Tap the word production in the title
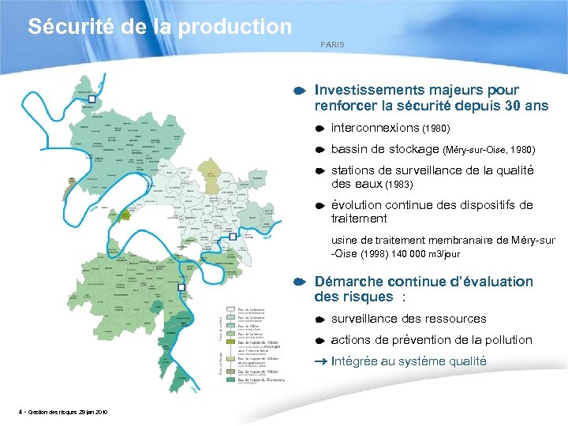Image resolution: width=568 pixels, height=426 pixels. click(234, 27)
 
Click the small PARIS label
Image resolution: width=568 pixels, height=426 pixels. click(332, 45)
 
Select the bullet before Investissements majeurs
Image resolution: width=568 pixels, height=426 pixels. click(301, 92)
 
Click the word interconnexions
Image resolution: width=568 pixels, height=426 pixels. click(375, 127)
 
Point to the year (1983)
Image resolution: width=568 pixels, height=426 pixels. click(398, 185)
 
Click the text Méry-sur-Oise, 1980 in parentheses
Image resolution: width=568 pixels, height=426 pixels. click(489, 149)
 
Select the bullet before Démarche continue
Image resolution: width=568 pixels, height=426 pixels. click(301, 282)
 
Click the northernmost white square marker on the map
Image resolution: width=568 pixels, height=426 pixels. click(92, 100)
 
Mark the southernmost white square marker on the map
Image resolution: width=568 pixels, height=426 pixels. click(181, 288)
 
